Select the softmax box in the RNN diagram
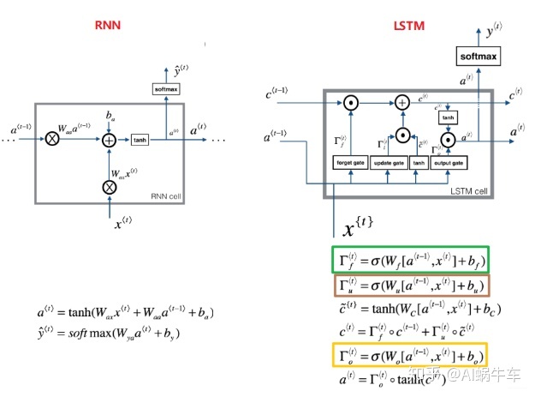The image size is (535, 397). pyautogui.click(x=164, y=89)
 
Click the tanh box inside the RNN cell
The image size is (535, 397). pyautogui.click(x=140, y=140)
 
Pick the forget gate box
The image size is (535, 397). pyautogui.click(x=351, y=163)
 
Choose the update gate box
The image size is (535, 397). pyautogui.click(x=389, y=163)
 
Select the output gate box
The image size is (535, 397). pyautogui.click(x=446, y=163)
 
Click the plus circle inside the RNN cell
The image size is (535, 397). pyautogui.click(x=109, y=140)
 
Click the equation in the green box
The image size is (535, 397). pyautogui.click(x=409, y=259)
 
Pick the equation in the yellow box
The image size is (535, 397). pyautogui.click(x=409, y=355)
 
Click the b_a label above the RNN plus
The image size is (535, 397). pyautogui.click(x=109, y=114)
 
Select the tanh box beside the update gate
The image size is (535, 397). pyautogui.click(x=419, y=163)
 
